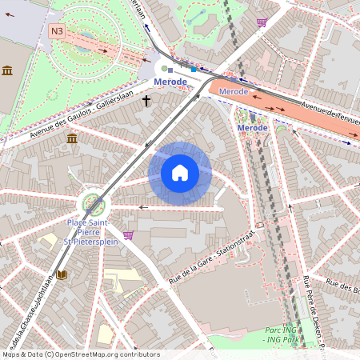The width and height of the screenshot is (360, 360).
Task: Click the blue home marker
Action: tap(180, 173)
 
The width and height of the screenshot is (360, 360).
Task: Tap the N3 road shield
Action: tap(56, 31)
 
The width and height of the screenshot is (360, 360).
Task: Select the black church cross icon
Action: tap(146, 101)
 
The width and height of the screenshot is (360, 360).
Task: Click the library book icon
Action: tap(62, 275)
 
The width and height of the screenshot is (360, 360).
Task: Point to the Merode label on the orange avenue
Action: tap(234, 92)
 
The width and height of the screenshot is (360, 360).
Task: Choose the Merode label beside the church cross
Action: tap(170, 82)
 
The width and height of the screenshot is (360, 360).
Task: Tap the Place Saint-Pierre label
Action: tap(88, 227)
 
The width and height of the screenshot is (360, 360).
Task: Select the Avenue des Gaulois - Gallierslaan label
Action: tap(76, 117)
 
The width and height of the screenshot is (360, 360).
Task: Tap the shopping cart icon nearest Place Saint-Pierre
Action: tap(128, 235)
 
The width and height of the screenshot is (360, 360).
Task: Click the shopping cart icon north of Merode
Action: tap(261, 22)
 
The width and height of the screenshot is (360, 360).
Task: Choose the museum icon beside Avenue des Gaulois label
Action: tap(72, 139)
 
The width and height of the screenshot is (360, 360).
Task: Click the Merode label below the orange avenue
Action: tap(253, 128)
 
